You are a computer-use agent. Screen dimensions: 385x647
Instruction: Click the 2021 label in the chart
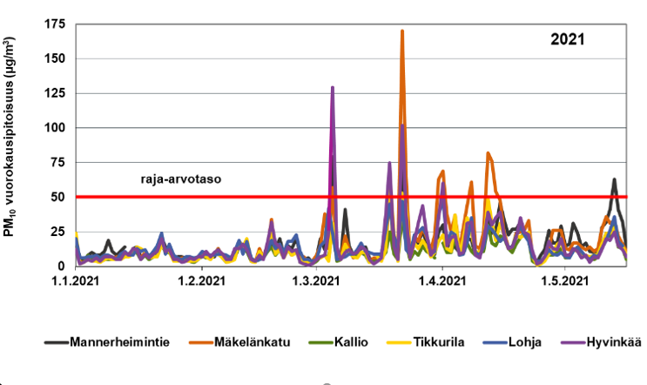point(567,39)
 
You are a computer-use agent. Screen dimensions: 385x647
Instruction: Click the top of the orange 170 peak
point(402,31)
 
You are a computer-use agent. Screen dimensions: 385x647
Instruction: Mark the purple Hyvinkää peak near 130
point(333,88)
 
